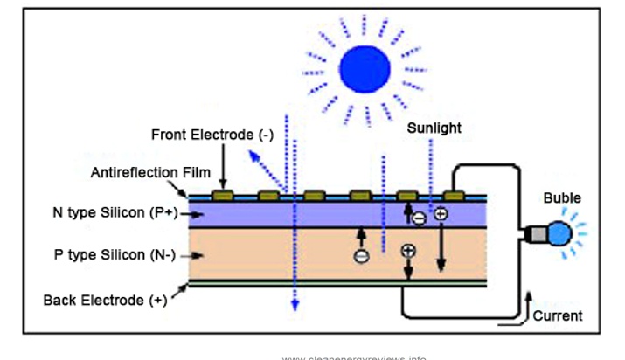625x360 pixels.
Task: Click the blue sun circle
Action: tap(365, 69)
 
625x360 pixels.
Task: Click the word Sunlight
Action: tap(434, 128)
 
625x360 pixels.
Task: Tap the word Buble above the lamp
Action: tap(561, 198)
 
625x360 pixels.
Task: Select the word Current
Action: tap(557, 315)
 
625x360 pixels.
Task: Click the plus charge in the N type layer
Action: tap(440, 214)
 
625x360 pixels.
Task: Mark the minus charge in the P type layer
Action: tap(361, 255)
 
